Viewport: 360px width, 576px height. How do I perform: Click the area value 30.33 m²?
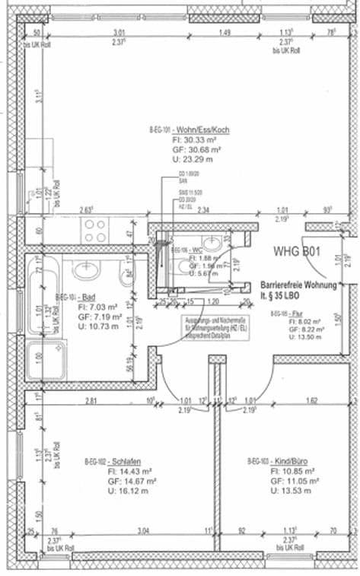[x=194, y=140]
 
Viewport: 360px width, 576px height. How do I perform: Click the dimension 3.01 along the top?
[x=119, y=33]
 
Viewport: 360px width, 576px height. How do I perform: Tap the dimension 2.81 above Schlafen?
[x=91, y=399]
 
